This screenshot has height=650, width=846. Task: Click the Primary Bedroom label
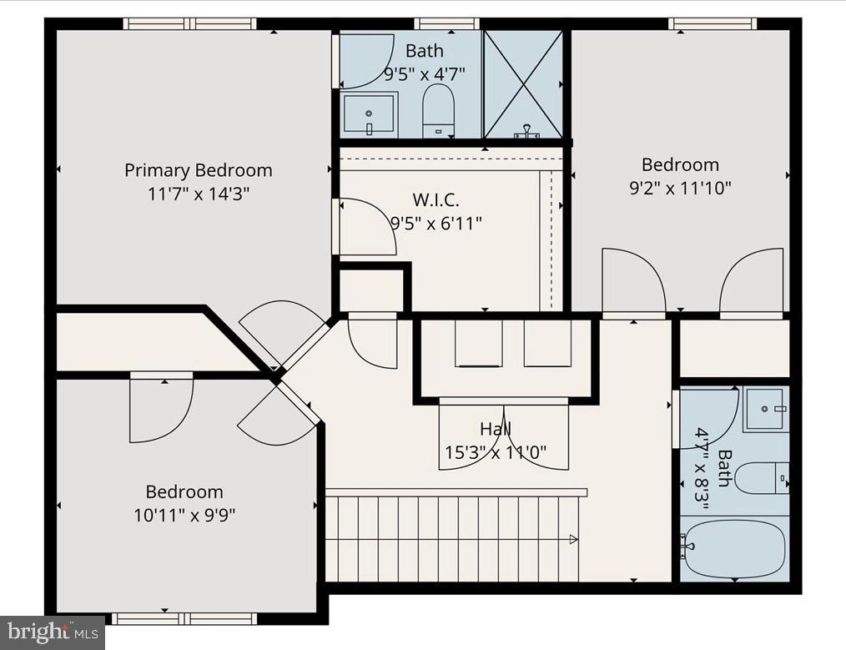[x=199, y=170]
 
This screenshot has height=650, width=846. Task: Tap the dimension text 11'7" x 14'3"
[x=199, y=194]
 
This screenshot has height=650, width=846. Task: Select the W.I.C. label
[x=436, y=199]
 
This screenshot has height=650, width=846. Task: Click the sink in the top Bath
[x=369, y=114]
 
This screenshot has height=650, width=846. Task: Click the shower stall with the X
[x=524, y=83]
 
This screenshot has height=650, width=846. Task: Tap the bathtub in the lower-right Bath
[x=733, y=548]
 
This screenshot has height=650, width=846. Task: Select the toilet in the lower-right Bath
[x=761, y=478]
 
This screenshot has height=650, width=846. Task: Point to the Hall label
[x=496, y=430]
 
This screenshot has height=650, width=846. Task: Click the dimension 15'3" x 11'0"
[x=496, y=453]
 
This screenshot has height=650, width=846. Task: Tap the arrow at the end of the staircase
[x=574, y=538]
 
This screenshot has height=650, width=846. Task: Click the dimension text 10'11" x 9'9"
[x=184, y=515]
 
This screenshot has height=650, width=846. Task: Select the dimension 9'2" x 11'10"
[x=680, y=188]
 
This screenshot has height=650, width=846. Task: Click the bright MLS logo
[x=52, y=632]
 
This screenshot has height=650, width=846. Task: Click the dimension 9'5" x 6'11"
[x=436, y=223]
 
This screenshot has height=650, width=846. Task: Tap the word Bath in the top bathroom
[x=425, y=51]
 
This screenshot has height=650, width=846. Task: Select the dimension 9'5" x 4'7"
[x=425, y=73]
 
